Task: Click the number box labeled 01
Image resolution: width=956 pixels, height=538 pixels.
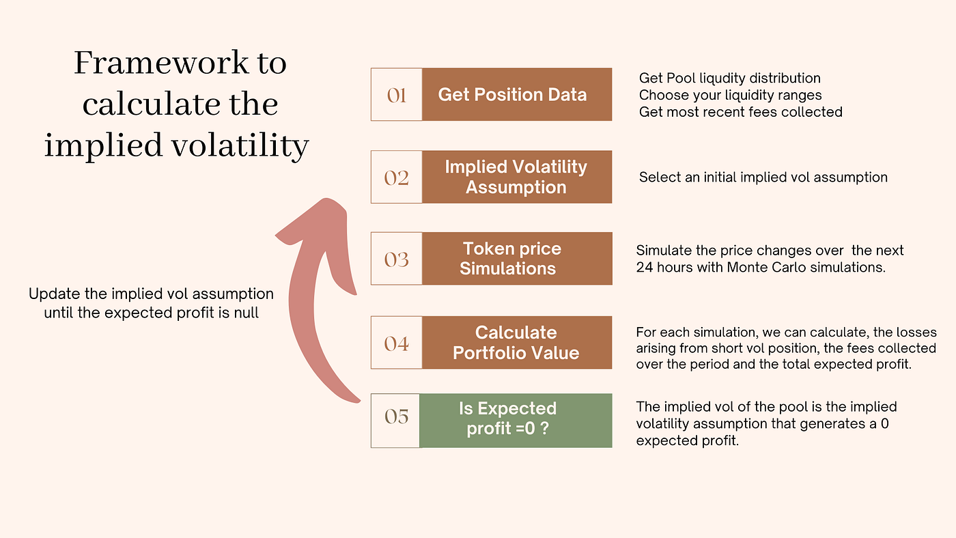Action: click(x=397, y=94)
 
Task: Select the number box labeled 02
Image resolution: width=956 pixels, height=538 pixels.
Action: click(x=397, y=178)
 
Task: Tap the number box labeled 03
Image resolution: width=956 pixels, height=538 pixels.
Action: click(x=397, y=259)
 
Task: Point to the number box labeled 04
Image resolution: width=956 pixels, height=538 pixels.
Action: click(x=397, y=343)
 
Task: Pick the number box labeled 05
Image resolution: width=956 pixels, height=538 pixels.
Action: click(x=396, y=416)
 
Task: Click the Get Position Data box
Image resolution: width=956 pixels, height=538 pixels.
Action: click(x=516, y=94)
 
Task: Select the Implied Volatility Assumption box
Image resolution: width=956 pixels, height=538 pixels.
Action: click(x=516, y=178)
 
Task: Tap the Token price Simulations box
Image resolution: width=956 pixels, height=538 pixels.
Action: click(x=516, y=259)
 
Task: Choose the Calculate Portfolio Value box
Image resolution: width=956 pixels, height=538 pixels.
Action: click(x=516, y=343)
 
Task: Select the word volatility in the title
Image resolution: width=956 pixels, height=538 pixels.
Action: click(x=235, y=146)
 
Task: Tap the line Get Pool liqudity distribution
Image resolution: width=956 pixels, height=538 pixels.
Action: click(x=729, y=79)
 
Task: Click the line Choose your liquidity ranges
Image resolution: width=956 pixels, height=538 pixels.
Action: click(x=730, y=95)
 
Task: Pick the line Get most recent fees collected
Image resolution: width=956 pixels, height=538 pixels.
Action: click(x=740, y=111)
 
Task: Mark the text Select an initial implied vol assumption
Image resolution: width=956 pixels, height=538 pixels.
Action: click(x=763, y=178)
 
